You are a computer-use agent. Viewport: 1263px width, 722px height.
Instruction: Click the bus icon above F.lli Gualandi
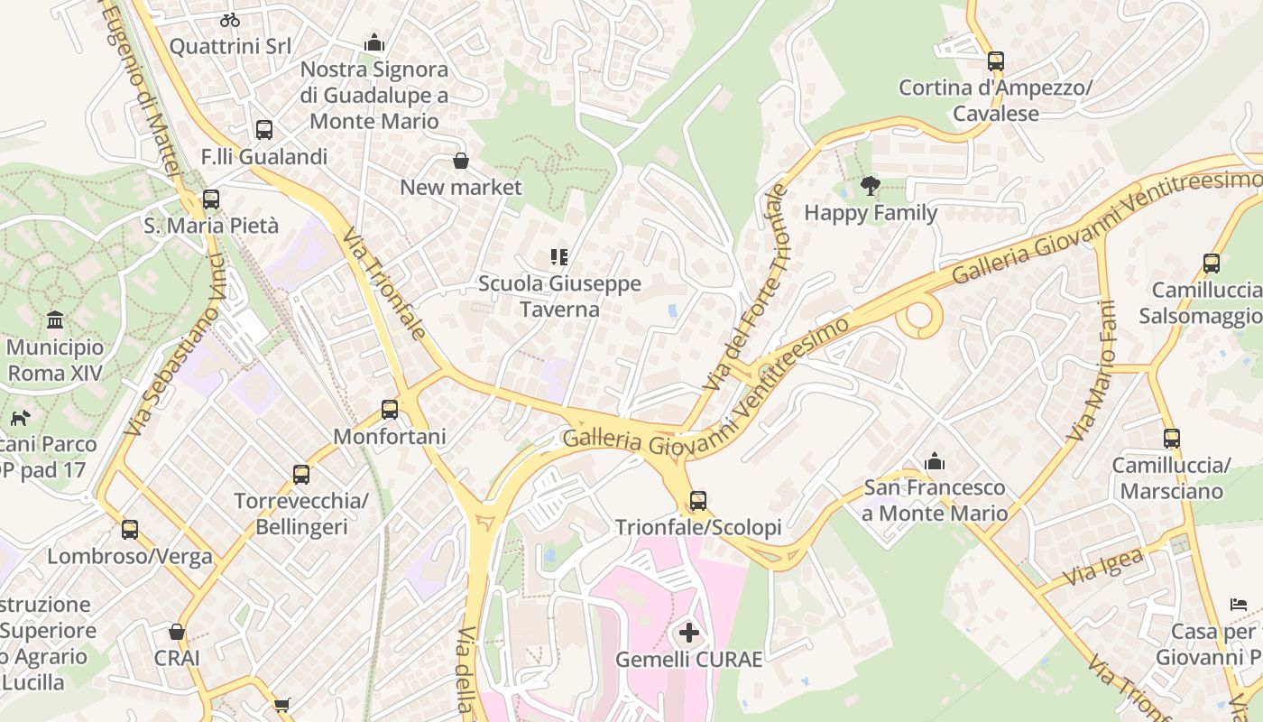(263, 130)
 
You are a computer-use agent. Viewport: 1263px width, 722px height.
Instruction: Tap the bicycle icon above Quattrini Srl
(230, 19)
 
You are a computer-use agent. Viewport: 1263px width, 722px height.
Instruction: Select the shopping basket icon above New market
(461, 161)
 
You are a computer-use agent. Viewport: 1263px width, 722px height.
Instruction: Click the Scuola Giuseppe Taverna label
(559, 296)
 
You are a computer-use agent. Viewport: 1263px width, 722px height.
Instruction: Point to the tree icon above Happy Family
(870, 187)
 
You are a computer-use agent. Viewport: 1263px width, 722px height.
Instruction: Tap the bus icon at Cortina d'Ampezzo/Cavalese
(995, 61)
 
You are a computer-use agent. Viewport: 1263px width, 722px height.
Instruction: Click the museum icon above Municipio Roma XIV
(55, 320)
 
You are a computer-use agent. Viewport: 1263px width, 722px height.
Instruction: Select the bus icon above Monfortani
(390, 410)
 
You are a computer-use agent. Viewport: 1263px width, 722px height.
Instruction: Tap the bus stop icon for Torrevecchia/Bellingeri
(300, 474)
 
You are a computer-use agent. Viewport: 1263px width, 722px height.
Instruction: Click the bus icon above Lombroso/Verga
(130, 530)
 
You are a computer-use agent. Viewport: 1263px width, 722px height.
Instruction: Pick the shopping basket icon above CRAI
(177, 632)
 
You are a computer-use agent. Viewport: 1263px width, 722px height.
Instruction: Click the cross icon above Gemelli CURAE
(688, 633)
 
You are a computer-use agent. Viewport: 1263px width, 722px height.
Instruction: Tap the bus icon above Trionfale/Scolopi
(697, 500)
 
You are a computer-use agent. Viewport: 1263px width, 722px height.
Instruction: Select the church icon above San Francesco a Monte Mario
(935, 462)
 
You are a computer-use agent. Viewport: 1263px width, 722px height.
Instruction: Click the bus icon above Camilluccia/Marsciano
(1171, 439)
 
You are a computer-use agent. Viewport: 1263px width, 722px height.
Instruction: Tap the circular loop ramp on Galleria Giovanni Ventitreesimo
(920, 317)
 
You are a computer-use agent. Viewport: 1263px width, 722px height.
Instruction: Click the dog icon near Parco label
(20, 418)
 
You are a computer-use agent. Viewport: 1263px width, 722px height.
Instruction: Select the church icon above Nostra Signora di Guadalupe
(373, 42)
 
